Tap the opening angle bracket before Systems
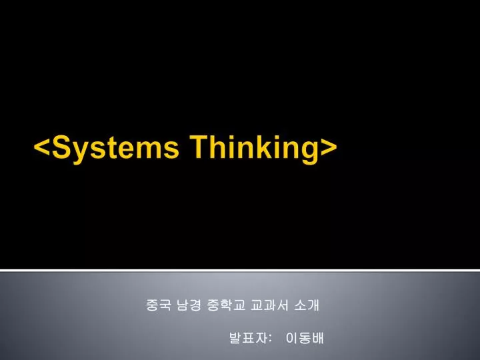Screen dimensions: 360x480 43,148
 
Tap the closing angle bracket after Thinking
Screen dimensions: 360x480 329,148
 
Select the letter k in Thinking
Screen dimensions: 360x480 271,147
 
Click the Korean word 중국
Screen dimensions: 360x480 157,306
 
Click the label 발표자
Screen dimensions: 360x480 249,339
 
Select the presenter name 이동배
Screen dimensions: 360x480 304,339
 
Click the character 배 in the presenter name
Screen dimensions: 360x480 317,339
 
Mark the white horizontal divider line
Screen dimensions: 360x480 240,270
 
